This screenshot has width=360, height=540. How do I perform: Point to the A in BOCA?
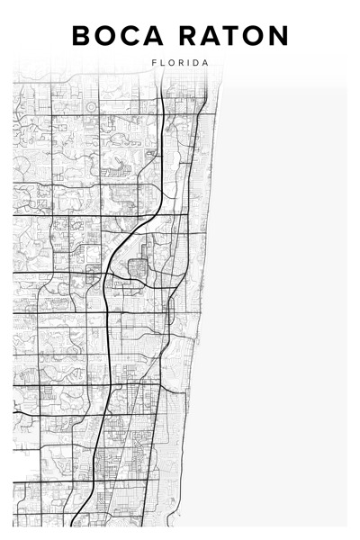[158, 36]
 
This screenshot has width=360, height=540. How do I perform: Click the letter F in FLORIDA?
[155, 63]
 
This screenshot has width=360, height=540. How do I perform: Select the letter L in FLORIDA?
[163, 63]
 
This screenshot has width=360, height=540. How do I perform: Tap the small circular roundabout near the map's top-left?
[91, 107]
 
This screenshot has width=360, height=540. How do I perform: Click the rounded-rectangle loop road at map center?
[138, 268]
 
